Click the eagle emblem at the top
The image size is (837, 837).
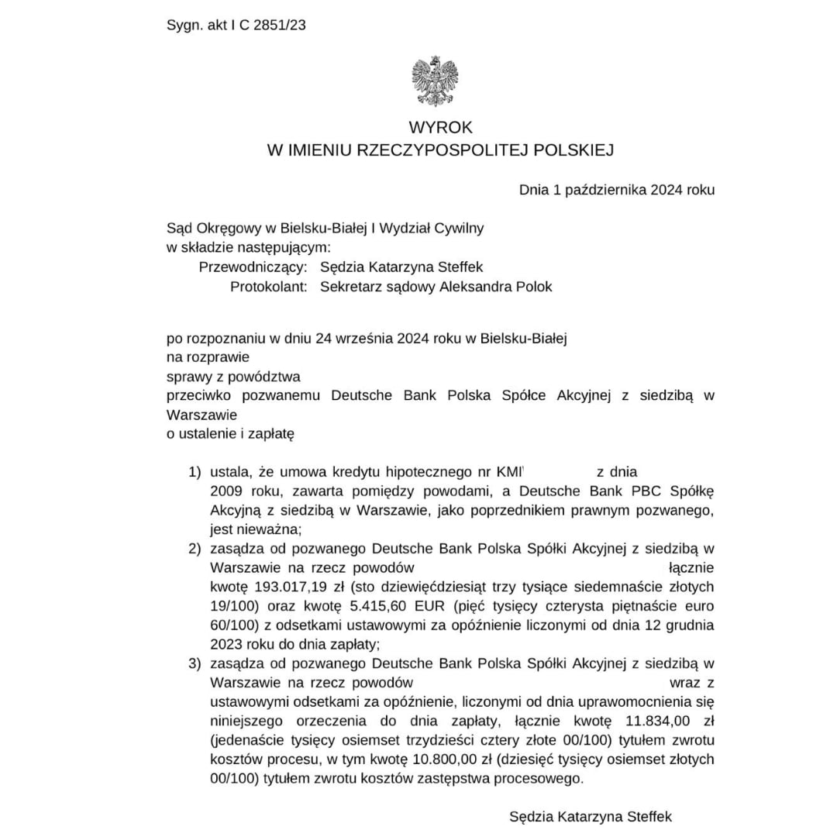[434, 81]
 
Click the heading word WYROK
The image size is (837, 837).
[440, 127]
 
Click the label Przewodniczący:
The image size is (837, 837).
[254, 267]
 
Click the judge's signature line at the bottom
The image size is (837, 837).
[591, 816]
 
